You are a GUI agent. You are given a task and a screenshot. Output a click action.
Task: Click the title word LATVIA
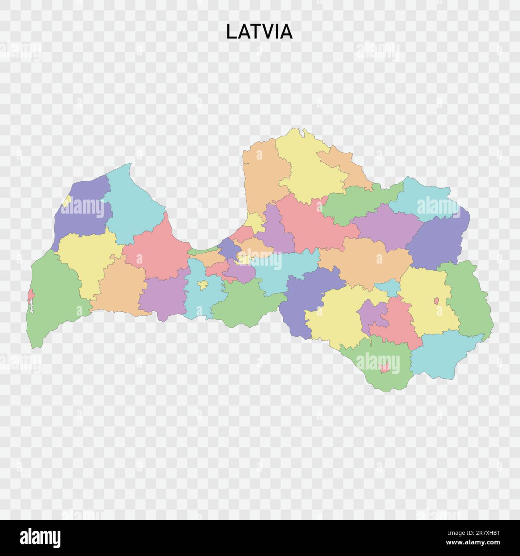pyautogui.click(x=259, y=32)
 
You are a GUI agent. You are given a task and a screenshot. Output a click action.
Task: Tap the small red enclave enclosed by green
pyautogui.click(x=384, y=367)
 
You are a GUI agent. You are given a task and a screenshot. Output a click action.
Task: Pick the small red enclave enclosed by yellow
pyautogui.click(x=436, y=300)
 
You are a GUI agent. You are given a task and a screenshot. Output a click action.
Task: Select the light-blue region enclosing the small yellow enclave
pyautogui.click(x=200, y=296)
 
